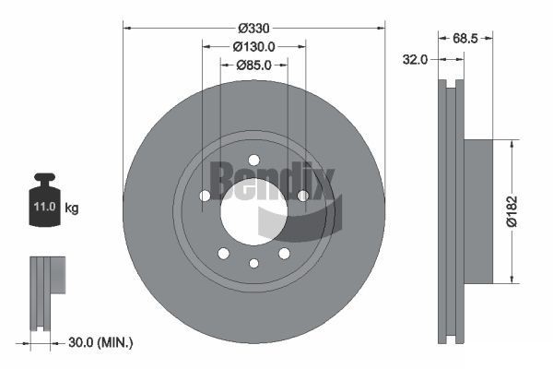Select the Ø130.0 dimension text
[x=253, y=46]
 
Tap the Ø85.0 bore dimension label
[x=253, y=65]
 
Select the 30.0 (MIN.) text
[x=100, y=343]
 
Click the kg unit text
[x=72, y=208]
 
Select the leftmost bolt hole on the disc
[x=204, y=195]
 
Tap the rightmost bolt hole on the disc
[x=303, y=195]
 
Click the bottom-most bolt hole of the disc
[x=253, y=264]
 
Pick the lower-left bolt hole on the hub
[x=223, y=253]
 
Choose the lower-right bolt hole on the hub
[x=284, y=253]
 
